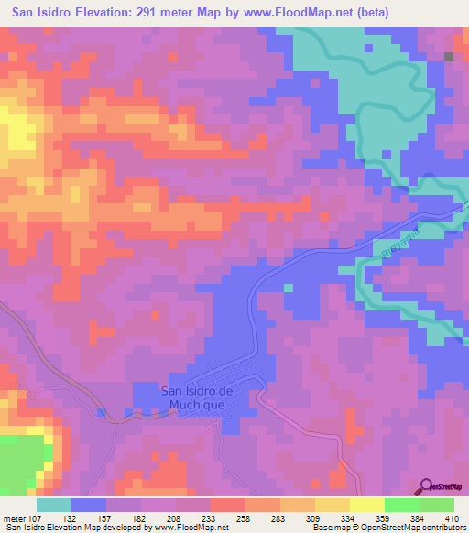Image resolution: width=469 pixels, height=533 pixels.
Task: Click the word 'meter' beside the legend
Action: point(14,517)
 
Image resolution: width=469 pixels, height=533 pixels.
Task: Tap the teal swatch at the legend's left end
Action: point(54,505)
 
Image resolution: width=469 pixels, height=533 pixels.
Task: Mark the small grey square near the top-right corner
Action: point(449,57)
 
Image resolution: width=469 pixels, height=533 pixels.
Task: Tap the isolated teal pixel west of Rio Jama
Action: point(289,287)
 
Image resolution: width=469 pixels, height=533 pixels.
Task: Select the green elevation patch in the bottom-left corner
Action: point(20,462)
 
